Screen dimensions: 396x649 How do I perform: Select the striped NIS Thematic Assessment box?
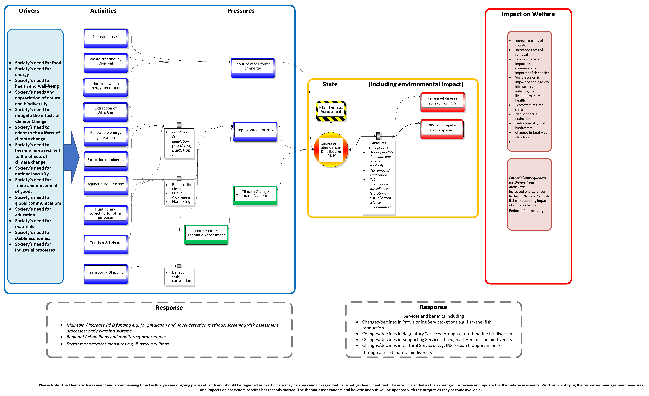coord(331,111)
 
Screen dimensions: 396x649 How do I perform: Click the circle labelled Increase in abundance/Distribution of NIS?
coord(331,150)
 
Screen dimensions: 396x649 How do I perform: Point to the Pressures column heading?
coord(241,11)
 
